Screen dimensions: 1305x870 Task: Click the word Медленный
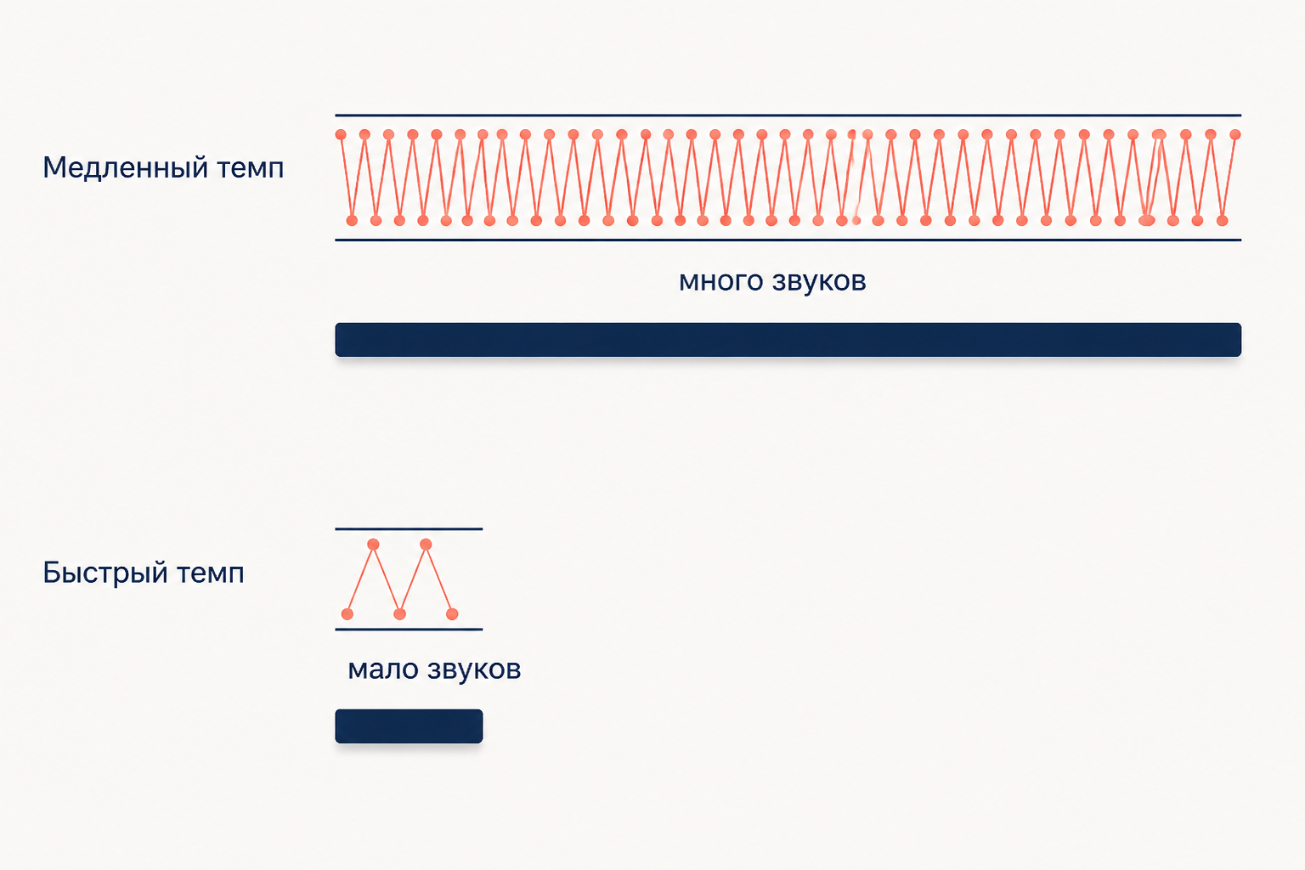pos(125,168)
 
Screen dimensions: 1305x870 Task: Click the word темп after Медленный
pos(251,169)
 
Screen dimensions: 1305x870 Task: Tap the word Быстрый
pos(105,573)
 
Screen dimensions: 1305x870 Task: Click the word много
pos(721,281)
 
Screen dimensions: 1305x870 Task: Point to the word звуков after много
pos(819,281)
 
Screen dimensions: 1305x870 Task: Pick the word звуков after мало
pos(474,669)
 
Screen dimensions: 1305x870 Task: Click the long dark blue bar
pos(788,340)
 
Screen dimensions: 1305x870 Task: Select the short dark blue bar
pos(409,726)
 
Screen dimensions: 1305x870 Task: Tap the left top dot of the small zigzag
pos(374,545)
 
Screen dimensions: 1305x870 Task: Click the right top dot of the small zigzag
pos(426,545)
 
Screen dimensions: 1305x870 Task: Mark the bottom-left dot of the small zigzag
pos(347,613)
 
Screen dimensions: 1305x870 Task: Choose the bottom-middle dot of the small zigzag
pos(399,613)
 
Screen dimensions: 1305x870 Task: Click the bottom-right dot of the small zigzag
pos(452,613)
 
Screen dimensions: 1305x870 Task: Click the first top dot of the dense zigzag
pos(341,134)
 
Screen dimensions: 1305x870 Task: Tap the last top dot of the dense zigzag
pos(1235,134)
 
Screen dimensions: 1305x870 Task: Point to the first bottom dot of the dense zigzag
pos(352,220)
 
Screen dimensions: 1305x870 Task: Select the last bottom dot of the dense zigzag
pos(1223,220)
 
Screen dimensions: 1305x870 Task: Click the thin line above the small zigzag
pos(409,528)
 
